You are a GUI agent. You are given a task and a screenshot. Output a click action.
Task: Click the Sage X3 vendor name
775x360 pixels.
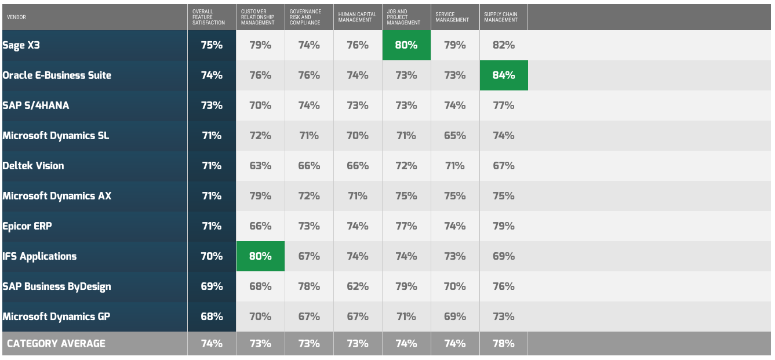[21, 45]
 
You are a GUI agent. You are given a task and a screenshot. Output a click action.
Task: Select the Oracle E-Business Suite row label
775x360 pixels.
[57, 75]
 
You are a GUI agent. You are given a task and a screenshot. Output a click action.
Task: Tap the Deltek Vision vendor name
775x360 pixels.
[33, 166]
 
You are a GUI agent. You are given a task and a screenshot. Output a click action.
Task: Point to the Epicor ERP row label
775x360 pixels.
[27, 227]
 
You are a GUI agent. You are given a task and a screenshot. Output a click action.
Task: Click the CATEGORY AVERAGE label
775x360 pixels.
[56, 343]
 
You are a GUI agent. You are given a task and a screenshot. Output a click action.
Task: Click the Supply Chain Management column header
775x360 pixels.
[501, 17]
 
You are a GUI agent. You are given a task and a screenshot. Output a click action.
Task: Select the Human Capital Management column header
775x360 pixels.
[357, 17]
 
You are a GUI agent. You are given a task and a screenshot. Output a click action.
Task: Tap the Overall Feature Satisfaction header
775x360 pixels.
[209, 17]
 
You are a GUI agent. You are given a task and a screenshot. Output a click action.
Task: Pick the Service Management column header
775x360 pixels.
[452, 17]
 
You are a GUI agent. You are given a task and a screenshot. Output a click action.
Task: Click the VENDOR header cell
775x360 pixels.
[16, 17]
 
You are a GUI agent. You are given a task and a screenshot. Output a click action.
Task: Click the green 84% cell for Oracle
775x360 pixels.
[504, 75]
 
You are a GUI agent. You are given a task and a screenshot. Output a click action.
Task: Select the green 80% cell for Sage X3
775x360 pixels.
[406, 45]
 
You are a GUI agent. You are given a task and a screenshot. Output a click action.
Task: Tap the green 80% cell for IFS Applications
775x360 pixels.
[260, 256]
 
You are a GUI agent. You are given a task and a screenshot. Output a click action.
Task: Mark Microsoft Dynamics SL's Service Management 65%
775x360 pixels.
[455, 136]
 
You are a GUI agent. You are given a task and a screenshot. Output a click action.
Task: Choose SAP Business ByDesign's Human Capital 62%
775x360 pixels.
[358, 286]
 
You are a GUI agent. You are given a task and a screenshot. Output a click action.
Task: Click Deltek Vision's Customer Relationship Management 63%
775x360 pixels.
[260, 166]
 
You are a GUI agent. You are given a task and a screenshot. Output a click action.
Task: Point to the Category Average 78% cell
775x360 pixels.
[504, 343]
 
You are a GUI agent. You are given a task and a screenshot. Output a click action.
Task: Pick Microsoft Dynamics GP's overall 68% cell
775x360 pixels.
[212, 317]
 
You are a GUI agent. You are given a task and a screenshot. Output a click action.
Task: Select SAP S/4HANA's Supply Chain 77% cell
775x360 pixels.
[504, 106]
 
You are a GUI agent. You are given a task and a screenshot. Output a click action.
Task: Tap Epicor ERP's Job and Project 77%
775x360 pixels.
[406, 227]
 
